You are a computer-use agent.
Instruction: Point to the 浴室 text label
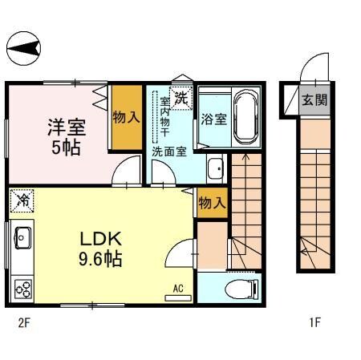coord(213,119)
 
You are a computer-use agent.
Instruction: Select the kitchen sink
coord(22,238)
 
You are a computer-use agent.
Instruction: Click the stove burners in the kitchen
coord(21,287)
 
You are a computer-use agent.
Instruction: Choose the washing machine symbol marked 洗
coord(182,99)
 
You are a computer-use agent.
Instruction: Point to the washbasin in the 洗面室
coord(215,169)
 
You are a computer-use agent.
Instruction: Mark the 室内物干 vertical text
coord(164,116)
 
